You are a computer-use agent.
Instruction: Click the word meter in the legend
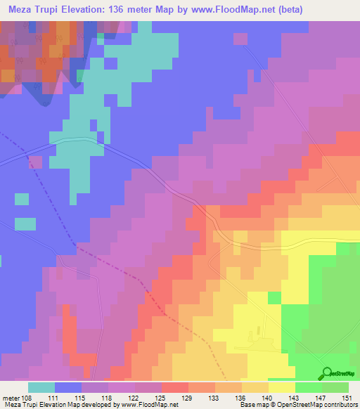[11, 397]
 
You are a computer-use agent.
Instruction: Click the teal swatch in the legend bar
[41, 387]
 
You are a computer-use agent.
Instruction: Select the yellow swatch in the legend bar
[282, 387]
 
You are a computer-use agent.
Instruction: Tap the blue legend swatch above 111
[68, 387]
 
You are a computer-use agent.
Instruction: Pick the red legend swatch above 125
[175, 387]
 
